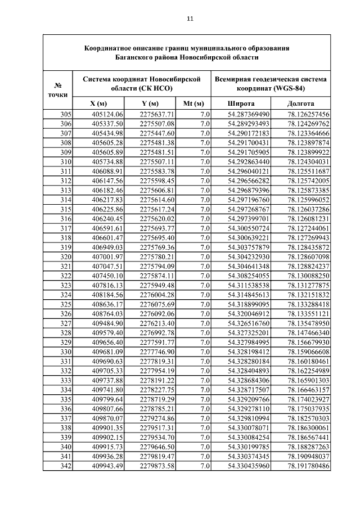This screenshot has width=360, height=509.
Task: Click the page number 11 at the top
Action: (x=190, y=19)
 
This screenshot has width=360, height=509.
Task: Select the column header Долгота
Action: (x=300, y=103)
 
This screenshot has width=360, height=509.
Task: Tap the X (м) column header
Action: (x=98, y=103)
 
